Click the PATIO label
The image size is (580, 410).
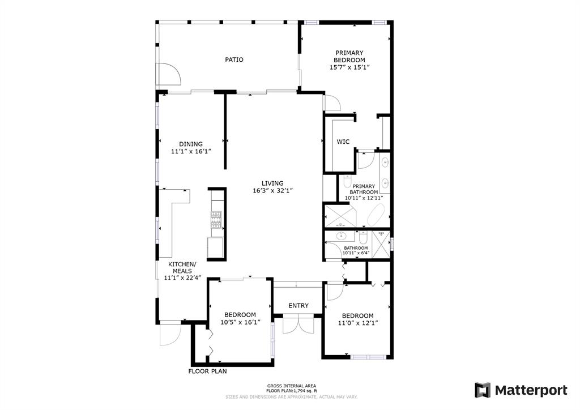(234, 59)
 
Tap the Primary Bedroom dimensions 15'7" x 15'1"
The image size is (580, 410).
(349, 67)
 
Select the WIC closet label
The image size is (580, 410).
(343, 142)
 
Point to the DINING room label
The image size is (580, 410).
(191, 144)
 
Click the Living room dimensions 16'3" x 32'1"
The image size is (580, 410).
(272, 191)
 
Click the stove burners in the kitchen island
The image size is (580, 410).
(216, 220)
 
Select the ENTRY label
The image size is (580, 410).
(298, 306)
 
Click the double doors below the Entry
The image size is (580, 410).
(298, 325)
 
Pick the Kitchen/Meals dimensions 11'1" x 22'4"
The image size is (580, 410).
(183, 277)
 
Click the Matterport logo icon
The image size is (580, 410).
(483, 390)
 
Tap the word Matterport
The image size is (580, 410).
(531, 390)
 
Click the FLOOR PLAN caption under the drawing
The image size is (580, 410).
(207, 371)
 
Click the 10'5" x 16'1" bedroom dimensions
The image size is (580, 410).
(240, 322)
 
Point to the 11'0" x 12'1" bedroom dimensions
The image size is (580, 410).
(358, 323)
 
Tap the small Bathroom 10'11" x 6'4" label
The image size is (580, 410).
(356, 251)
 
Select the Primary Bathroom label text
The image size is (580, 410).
(364, 189)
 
